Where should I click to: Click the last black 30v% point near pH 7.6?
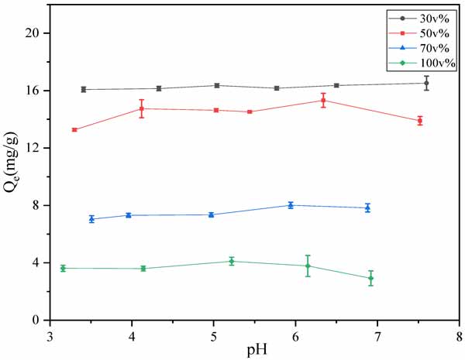[x=426, y=83]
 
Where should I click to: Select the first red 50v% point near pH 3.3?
[x=74, y=129]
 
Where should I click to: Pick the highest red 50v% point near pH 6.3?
[x=323, y=100]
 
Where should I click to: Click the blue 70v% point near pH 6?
[x=291, y=205]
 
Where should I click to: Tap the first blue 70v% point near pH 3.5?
[x=91, y=219]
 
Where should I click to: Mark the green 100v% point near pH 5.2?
[x=232, y=261]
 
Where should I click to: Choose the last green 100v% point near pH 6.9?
[x=371, y=278]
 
